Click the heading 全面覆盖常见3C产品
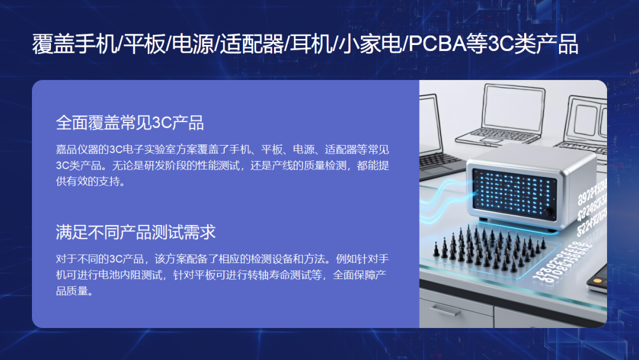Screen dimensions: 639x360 (x=130, y=123)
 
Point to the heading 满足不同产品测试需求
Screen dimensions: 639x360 (x=135, y=232)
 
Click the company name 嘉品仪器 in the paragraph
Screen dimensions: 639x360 (x=77, y=150)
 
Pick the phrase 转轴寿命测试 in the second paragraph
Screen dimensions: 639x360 (x=279, y=275)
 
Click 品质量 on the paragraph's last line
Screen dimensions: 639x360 (x=72, y=291)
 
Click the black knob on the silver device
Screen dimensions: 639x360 (x=548, y=213)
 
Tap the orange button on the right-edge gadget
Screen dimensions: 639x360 (x=597, y=281)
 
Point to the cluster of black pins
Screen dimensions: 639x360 (x=489, y=248)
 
